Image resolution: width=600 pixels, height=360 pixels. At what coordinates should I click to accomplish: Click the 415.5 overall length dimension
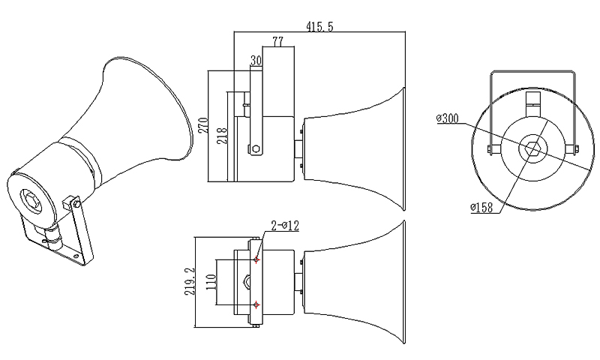[x=319, y=26]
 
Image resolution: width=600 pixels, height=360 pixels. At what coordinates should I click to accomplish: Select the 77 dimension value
[x=277, y=42]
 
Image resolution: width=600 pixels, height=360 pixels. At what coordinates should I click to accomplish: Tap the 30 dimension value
[x=256, y=59]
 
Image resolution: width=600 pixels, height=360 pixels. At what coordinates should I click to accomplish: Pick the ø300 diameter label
[x=448, y=118]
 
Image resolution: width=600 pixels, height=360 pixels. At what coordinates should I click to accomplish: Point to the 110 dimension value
[x=212, y=282]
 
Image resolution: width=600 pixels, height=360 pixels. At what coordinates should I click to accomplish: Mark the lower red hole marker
[x=256, y=304]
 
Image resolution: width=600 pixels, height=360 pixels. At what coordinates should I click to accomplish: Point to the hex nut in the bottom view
[x=250, y=283]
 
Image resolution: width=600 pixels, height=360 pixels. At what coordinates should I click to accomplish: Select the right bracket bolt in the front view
[x=574, y=147]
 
